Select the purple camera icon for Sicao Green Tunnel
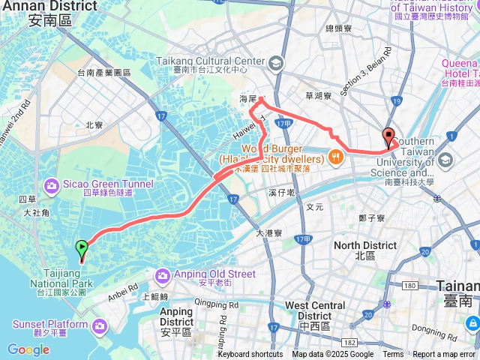tap(52, 184)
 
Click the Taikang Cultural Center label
tap(211, 61)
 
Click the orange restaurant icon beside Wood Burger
tap(335, 158)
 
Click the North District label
tap(365, 246)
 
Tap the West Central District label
tap(315, 306)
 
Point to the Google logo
tap(28, 349)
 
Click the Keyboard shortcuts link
tap(250, 354)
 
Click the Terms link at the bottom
tap(393, 354)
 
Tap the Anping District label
tap(176, 312)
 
